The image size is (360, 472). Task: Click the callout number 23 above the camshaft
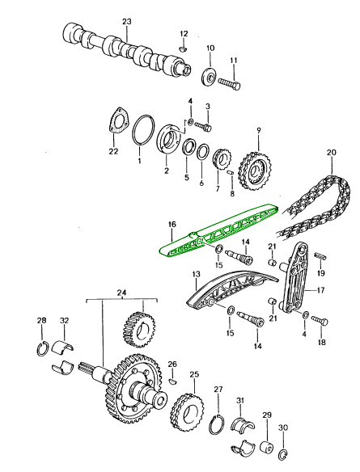tap(127, 21)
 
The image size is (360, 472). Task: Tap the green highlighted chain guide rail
tap(219, 230)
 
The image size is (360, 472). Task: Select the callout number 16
tap(172, 224)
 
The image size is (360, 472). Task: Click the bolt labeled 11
tap(229, 83)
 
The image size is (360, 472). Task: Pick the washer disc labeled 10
tap(209, 77)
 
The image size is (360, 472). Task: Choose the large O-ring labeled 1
tap(144, 130)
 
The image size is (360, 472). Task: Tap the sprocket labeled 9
tap(256, 171)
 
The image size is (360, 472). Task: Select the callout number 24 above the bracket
tap(121, 293)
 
